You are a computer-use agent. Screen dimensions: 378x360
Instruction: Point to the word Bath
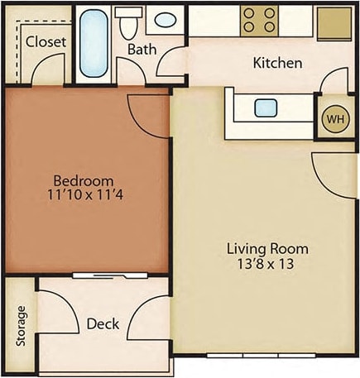(x=142, y=50)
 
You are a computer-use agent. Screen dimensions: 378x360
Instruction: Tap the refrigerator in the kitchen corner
(x=334, y=20)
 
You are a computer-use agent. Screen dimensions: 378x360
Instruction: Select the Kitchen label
(x=277, y=63)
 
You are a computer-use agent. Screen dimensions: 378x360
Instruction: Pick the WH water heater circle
(x=335, y=118)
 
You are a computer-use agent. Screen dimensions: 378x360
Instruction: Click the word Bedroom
(x=84, y=181)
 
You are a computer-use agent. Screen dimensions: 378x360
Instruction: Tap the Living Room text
(x=267, y=248)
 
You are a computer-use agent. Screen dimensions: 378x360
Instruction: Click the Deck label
(x=103, y=323)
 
